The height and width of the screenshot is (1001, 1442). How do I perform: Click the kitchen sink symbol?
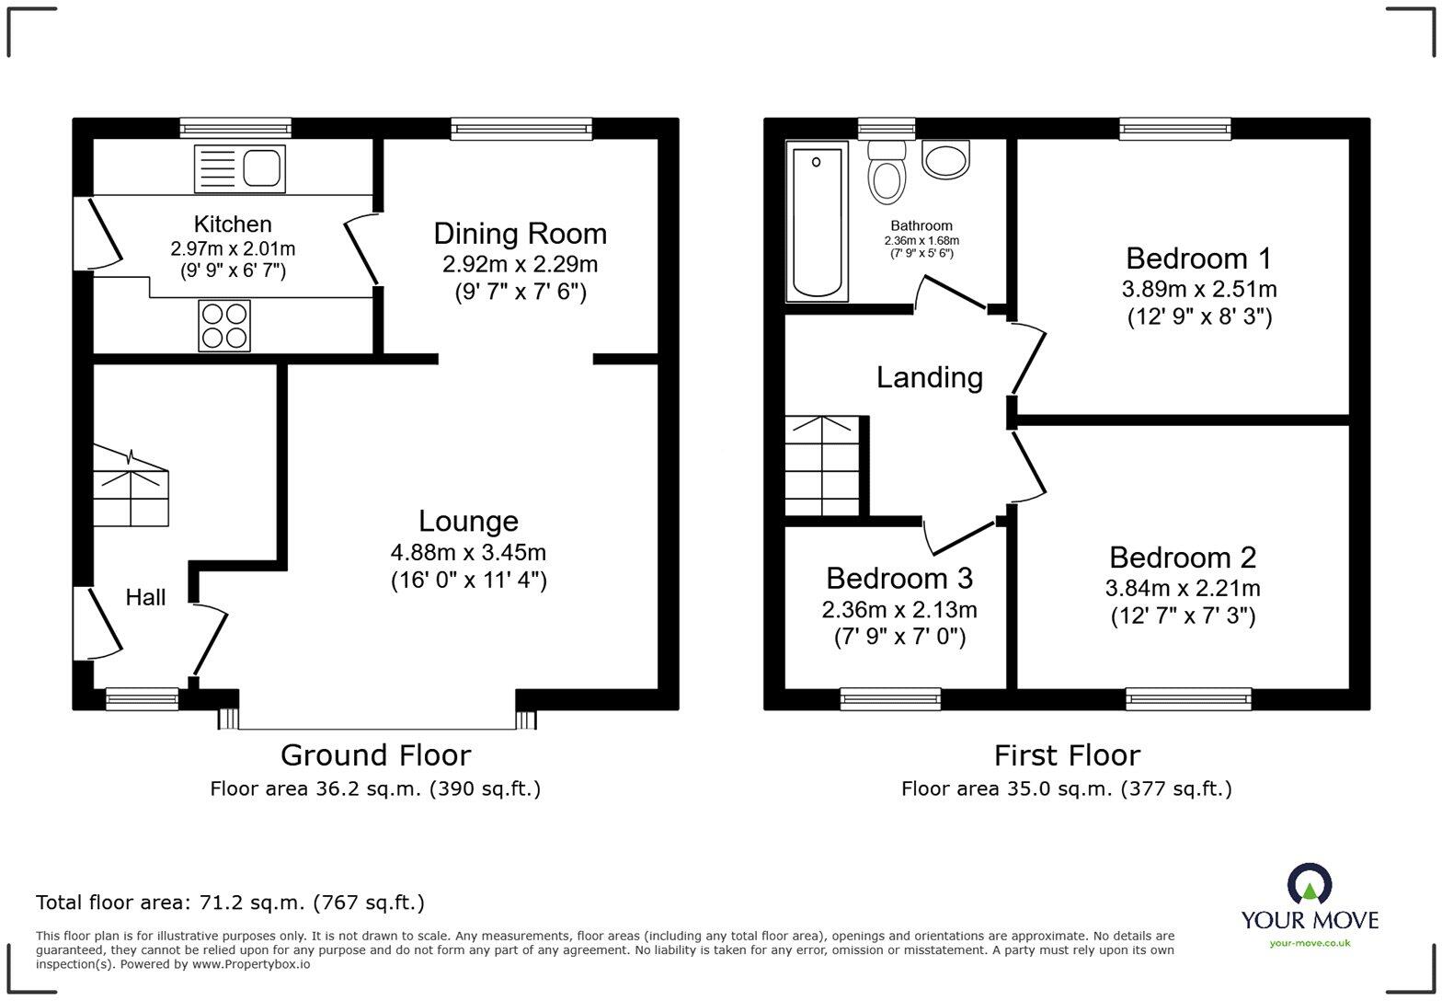tap(239, 168)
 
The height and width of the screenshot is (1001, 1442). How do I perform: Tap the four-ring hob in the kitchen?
tap(224, 326)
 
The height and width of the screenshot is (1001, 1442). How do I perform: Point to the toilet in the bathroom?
tap(887, 173)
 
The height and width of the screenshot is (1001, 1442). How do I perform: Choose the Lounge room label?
tap(468, 522)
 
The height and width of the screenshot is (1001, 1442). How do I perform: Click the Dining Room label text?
tap(520, 234)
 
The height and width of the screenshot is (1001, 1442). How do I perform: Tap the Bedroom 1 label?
tap(1198, 258)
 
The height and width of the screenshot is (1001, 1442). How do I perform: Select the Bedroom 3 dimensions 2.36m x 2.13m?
tap(898, 609)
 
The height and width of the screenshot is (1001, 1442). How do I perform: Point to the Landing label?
tap(929, 377)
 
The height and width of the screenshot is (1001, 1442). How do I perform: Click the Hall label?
tap(145, 598)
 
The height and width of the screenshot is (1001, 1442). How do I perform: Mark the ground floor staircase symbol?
tap(131, 488)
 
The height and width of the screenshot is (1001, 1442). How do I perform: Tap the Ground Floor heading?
tap(375, 755)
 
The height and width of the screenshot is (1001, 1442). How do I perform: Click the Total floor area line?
tap(230, 903)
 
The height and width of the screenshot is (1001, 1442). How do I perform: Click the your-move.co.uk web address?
tap(1310, 942)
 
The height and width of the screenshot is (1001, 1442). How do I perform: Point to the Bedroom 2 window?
tap(1189, 699)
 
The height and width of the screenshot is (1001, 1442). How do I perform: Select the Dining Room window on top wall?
tap(521, 129)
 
